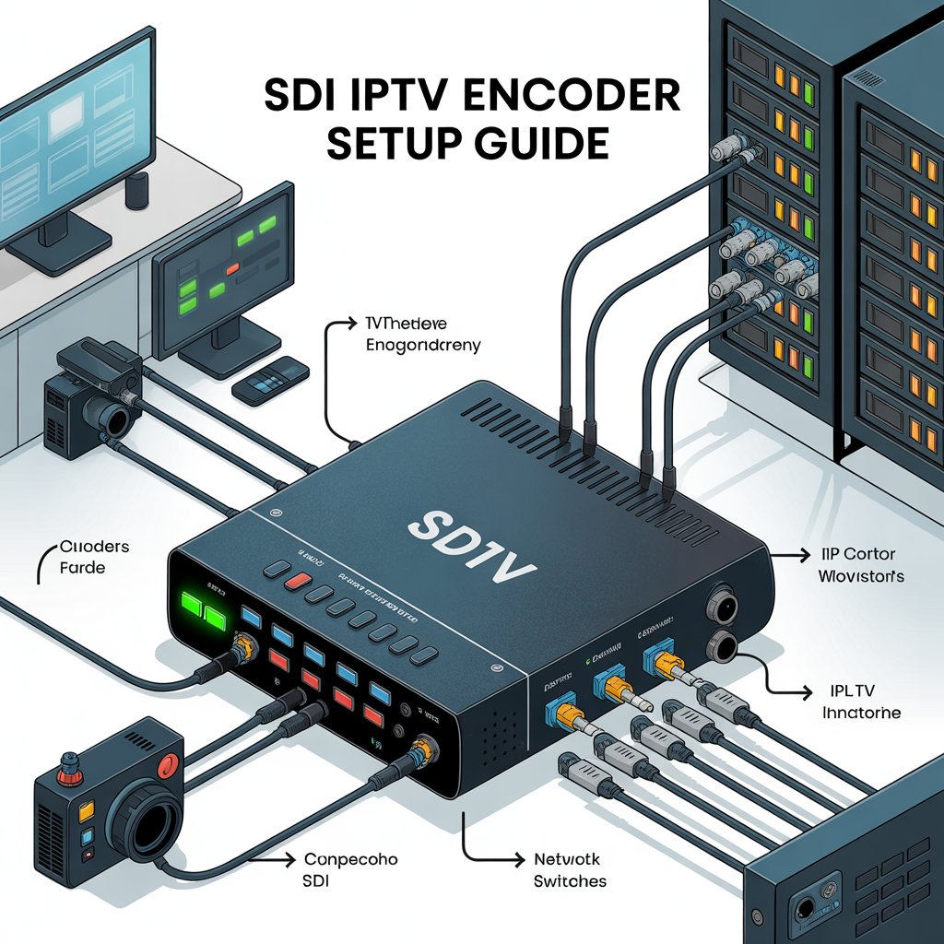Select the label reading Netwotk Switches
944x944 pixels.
pos(570,869)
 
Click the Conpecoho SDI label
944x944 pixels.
pos(350,869)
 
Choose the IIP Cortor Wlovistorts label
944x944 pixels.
pos(861,565)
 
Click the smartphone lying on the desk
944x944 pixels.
pos(270,379)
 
